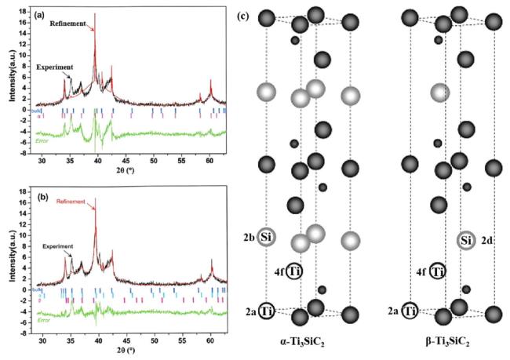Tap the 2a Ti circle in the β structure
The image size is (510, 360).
pyautogui.click(x=409, y=311)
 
